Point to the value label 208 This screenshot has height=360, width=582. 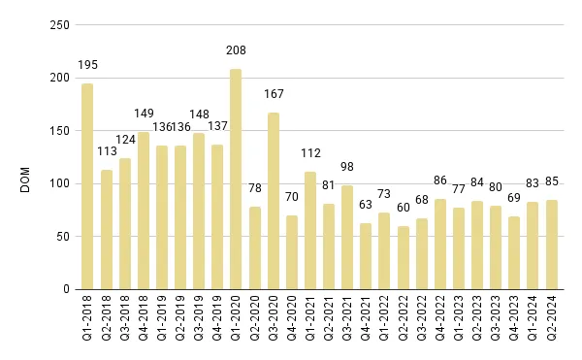[x=236, y=49]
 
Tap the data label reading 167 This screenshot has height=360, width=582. [x=274, y=93]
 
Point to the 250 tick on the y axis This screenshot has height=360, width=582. [x=59, y=25]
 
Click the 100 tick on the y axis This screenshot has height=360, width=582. [x=59, y=183]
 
